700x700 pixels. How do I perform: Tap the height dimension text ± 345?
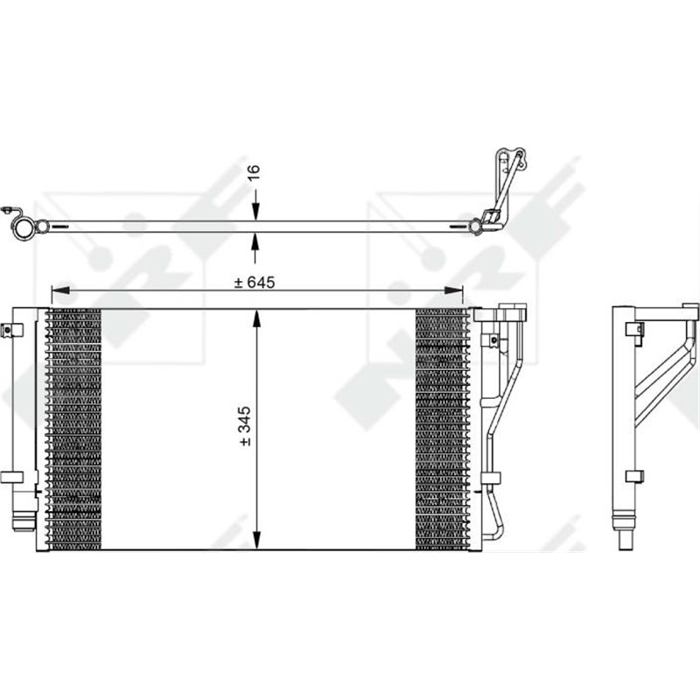pyautogui.click(x=246, y=426)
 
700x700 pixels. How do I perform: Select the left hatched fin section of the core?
pyautogui.click(x=73, y=429)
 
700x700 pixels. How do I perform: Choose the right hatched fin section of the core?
pyautogui.click(x=443, y=429)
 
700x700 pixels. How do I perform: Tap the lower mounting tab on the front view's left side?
pyautogui.click(x=10, y=477)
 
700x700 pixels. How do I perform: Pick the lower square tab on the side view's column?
pyautogui.click(x=633, y=475)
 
